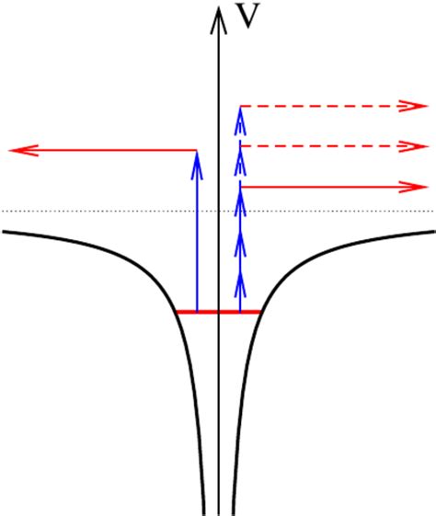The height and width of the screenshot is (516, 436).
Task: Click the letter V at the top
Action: point(246,17)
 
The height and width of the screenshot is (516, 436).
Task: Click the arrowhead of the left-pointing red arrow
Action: point(19,149)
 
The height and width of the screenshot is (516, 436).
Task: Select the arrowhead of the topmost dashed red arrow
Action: point(415,107)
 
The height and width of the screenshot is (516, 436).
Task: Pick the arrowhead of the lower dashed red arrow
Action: point(415,145)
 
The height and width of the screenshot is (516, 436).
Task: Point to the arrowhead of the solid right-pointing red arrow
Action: point(415,187)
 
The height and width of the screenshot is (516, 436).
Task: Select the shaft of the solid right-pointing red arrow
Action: point(322,187)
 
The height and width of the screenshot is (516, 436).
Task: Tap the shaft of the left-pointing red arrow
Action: point(110,149)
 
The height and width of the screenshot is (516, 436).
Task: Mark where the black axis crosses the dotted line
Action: point(218,212)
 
